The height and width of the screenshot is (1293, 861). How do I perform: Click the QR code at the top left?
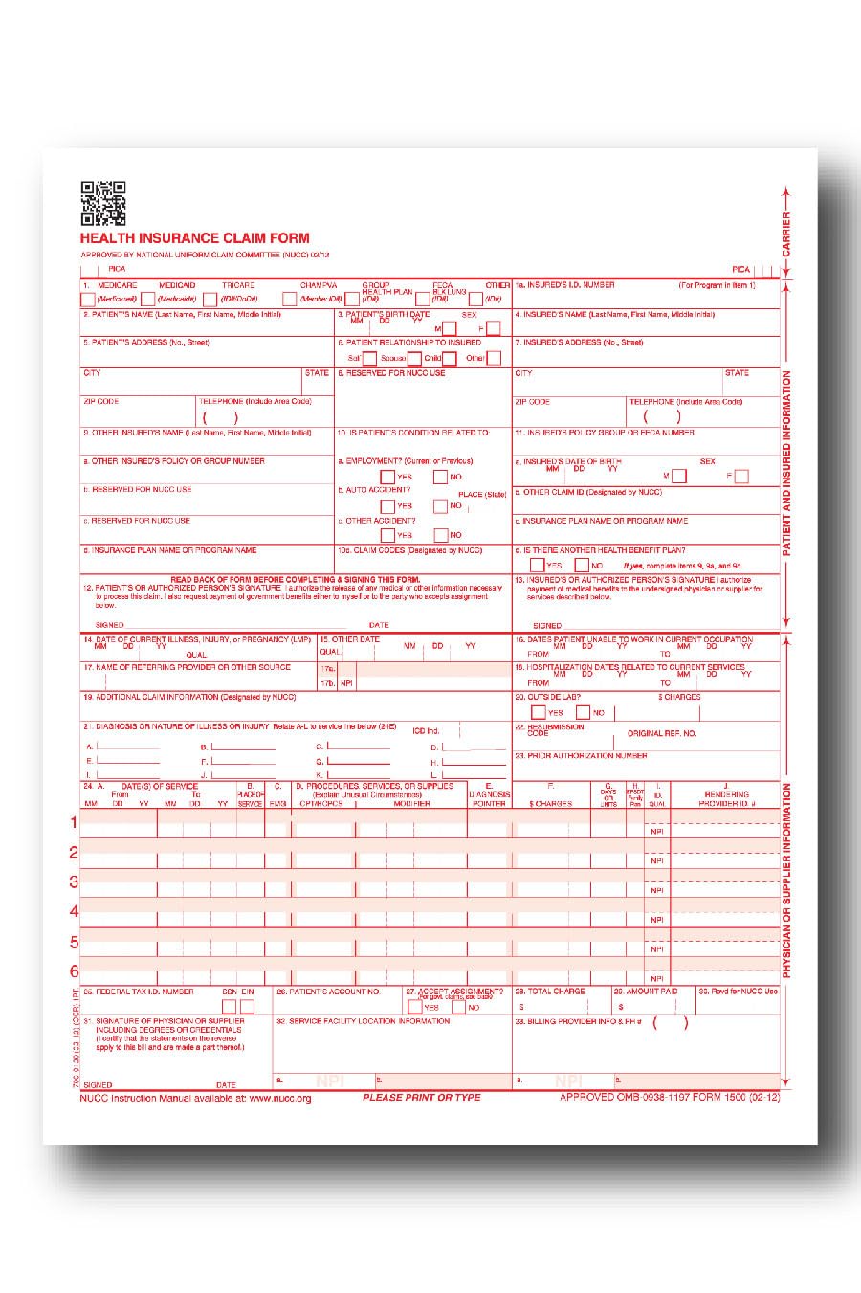click(102, 203)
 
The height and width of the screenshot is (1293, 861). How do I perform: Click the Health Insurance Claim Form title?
click(194, 238)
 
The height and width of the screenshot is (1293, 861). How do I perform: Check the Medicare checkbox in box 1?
click(87, 300)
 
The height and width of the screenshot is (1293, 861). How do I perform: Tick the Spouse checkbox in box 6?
click(414, 359)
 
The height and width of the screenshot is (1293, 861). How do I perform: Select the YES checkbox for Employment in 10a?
click(387, 477)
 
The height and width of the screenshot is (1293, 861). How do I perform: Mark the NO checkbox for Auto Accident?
click(440, 506)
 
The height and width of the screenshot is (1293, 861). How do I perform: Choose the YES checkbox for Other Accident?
click(387, 535)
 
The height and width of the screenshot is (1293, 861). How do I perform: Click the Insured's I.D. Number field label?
click(568, 285)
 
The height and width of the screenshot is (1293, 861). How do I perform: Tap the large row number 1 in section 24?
click(74, 822)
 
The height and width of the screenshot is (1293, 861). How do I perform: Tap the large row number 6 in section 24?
click(74, 971)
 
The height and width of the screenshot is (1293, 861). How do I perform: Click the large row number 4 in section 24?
click(74, 912)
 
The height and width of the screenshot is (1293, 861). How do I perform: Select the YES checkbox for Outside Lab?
click(539, 712)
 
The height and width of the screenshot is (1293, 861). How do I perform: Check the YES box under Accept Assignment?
click(414, 1007)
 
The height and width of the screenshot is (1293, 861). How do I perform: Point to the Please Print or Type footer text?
click(421, 1098)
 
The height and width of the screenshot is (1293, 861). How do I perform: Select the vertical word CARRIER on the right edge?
click(786, 234)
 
